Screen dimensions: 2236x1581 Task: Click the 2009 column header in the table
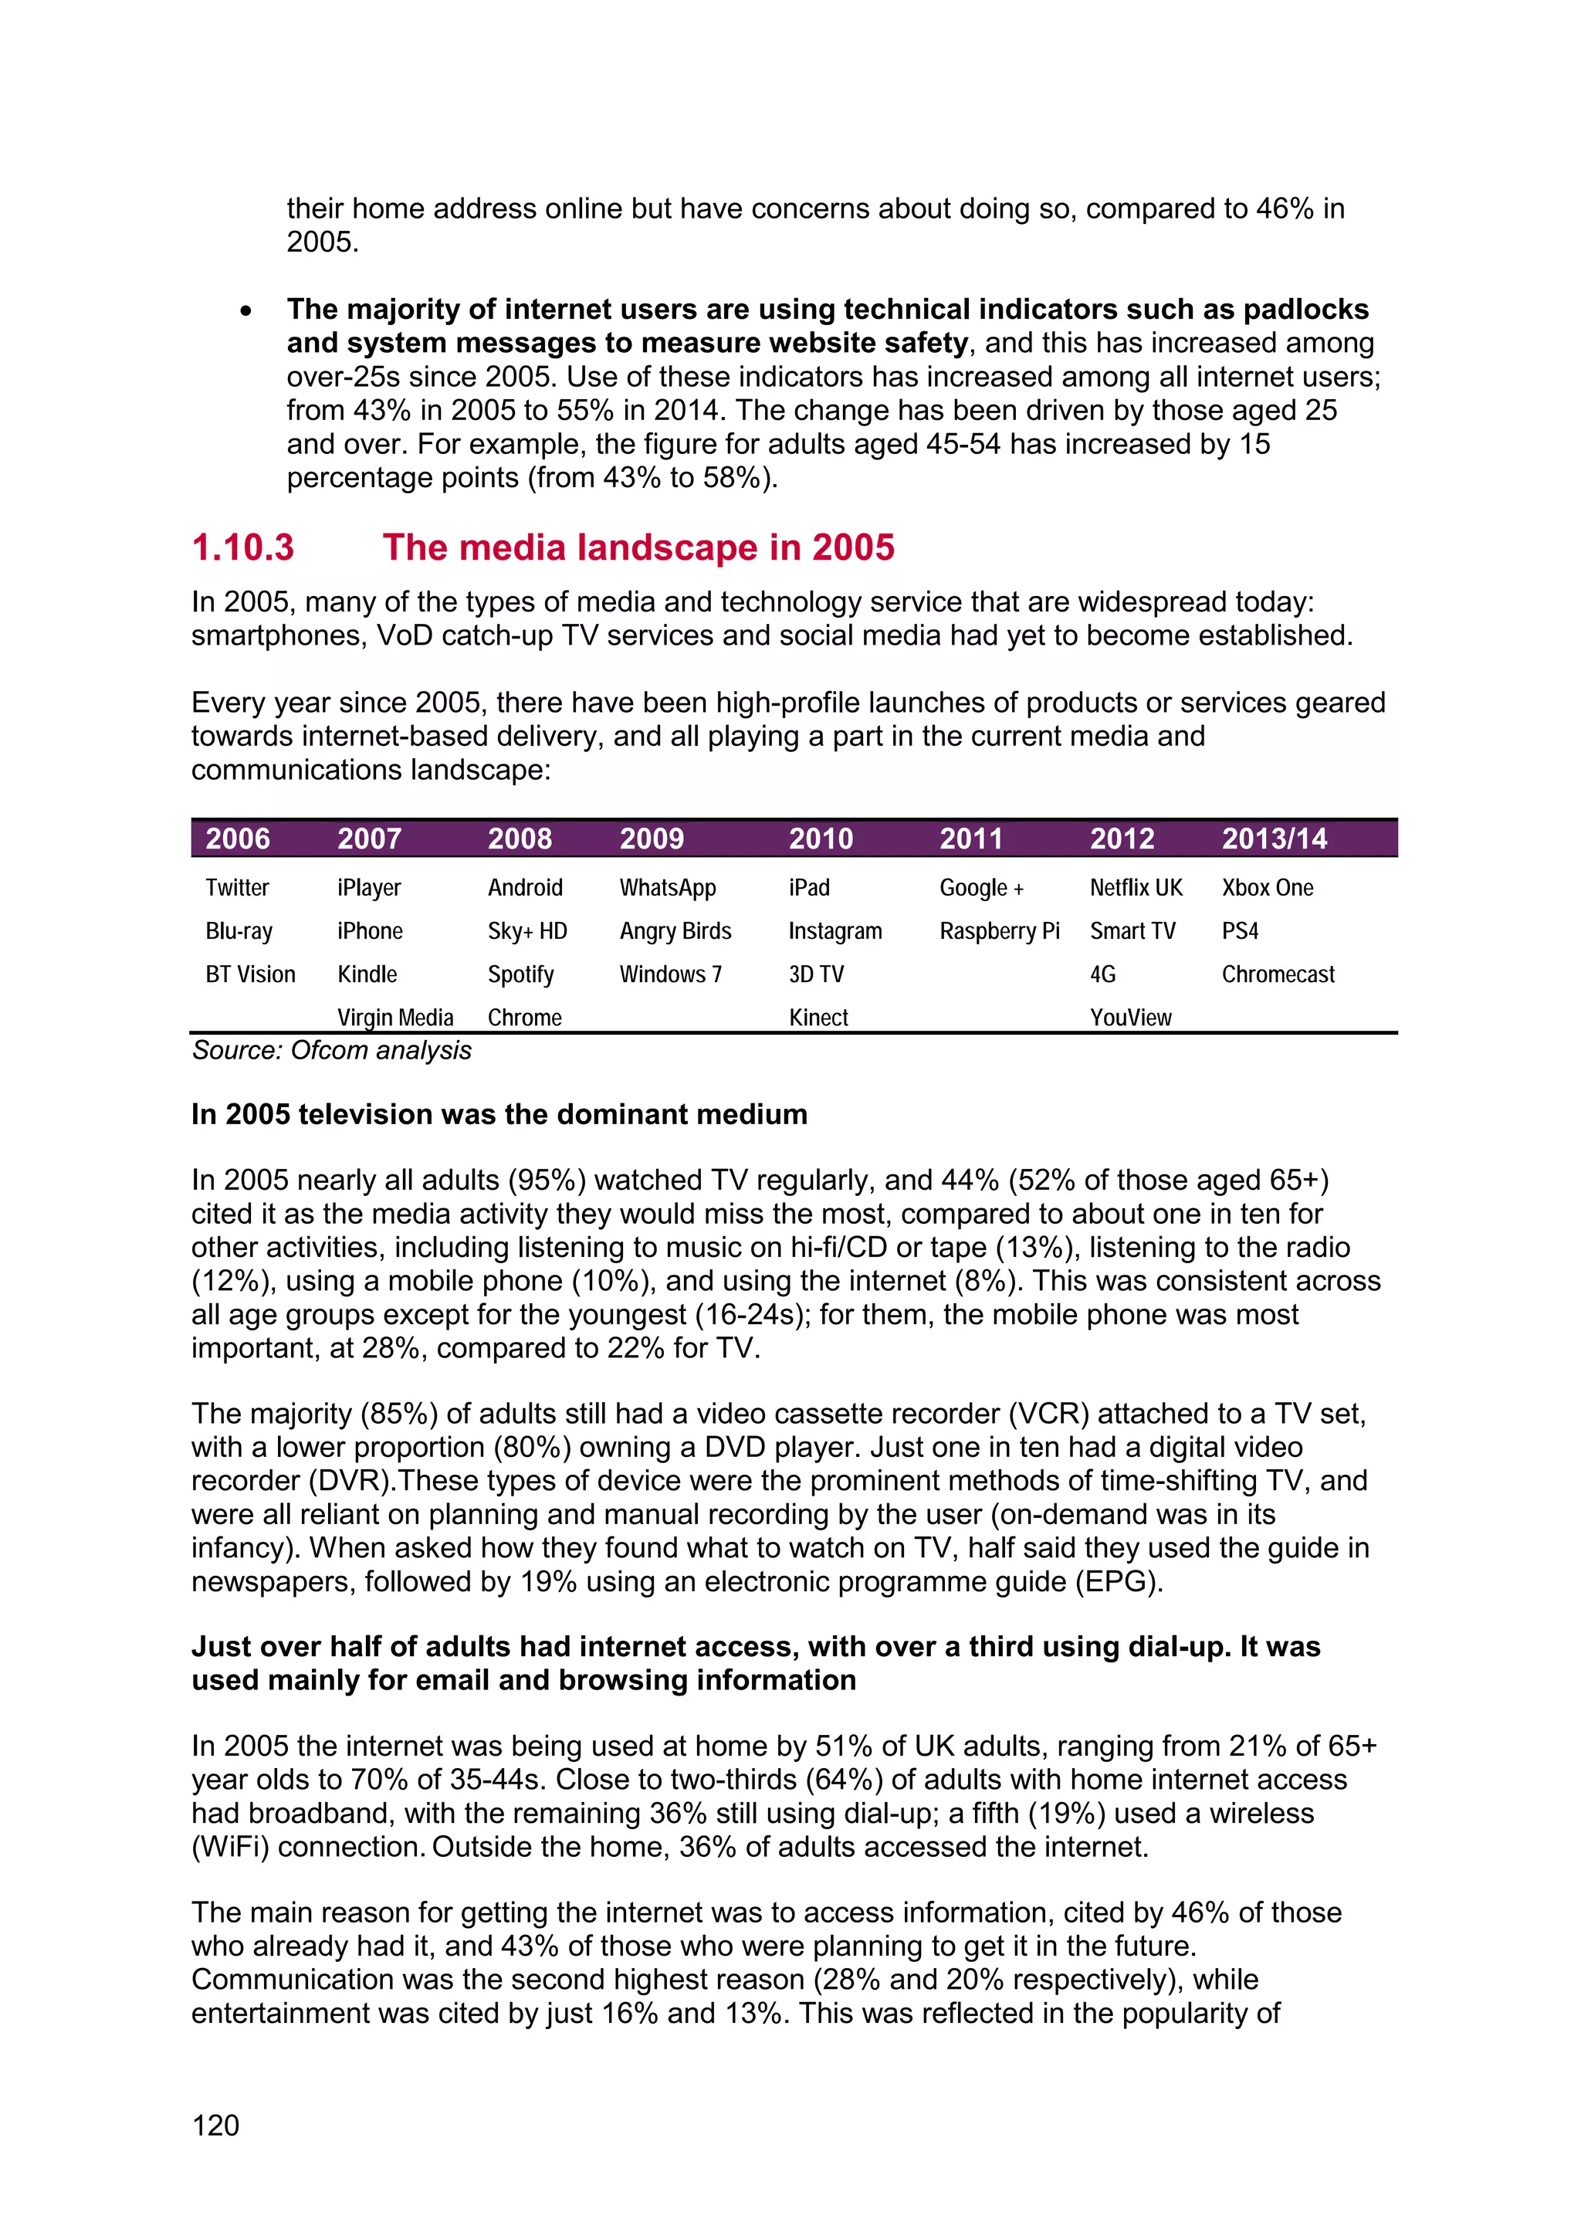[x=652, y=839]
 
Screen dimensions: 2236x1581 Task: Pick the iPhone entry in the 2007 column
[x=370, y=931]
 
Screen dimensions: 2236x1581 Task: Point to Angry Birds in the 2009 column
[x=675, y=931]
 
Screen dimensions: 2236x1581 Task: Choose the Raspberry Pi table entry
[x=999, y=931]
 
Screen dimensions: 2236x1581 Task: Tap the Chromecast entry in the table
[x=1278, y=974]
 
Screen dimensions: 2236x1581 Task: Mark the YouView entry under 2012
[x=1130, y=1018]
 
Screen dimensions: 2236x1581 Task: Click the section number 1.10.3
[x=242, y=547]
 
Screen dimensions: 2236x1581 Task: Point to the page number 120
[x=215, y=2125]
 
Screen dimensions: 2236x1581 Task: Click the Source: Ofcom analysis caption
[x=331, y=1050]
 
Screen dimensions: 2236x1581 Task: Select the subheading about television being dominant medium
[x=499, y=1114]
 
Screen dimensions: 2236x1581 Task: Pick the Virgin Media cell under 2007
[x=395, y=1018]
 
